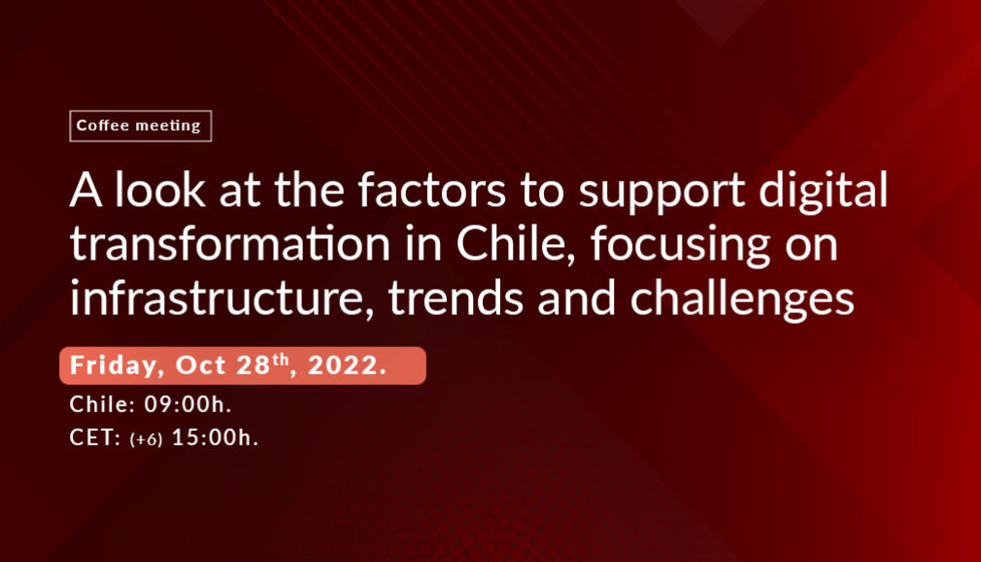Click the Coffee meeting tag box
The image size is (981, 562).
140,126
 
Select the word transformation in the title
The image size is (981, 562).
230,244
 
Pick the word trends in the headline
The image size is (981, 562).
456,299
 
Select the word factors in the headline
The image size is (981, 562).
431,190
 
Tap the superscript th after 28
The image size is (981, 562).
281,359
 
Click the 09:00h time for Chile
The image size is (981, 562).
187,404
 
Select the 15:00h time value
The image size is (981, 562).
215,438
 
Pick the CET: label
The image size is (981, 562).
95,438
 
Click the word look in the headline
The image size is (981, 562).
159,190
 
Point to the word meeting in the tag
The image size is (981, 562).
168,126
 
